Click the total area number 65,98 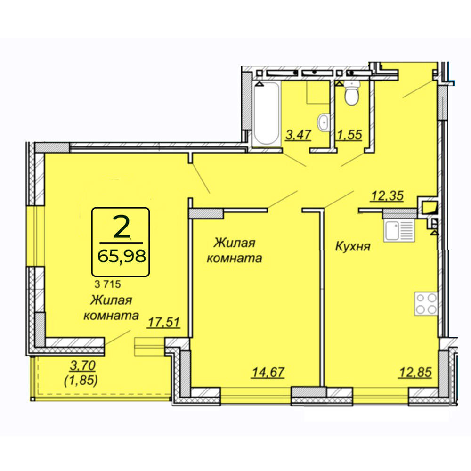(122, 256)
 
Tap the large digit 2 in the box (122, 227)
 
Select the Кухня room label (353, 247)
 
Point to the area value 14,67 (268, 372)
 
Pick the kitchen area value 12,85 (415, 372)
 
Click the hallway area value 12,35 (387, 196)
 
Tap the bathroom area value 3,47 (298, 135)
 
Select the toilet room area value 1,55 (349, 135)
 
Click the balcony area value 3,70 (82, 365)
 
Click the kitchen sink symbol (399, 230)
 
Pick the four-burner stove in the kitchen (426, 303)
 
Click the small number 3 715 (107, 284)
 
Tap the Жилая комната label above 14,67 (234, 251)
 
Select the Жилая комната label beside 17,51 (111, 308)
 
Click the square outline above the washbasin (318, 92)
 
